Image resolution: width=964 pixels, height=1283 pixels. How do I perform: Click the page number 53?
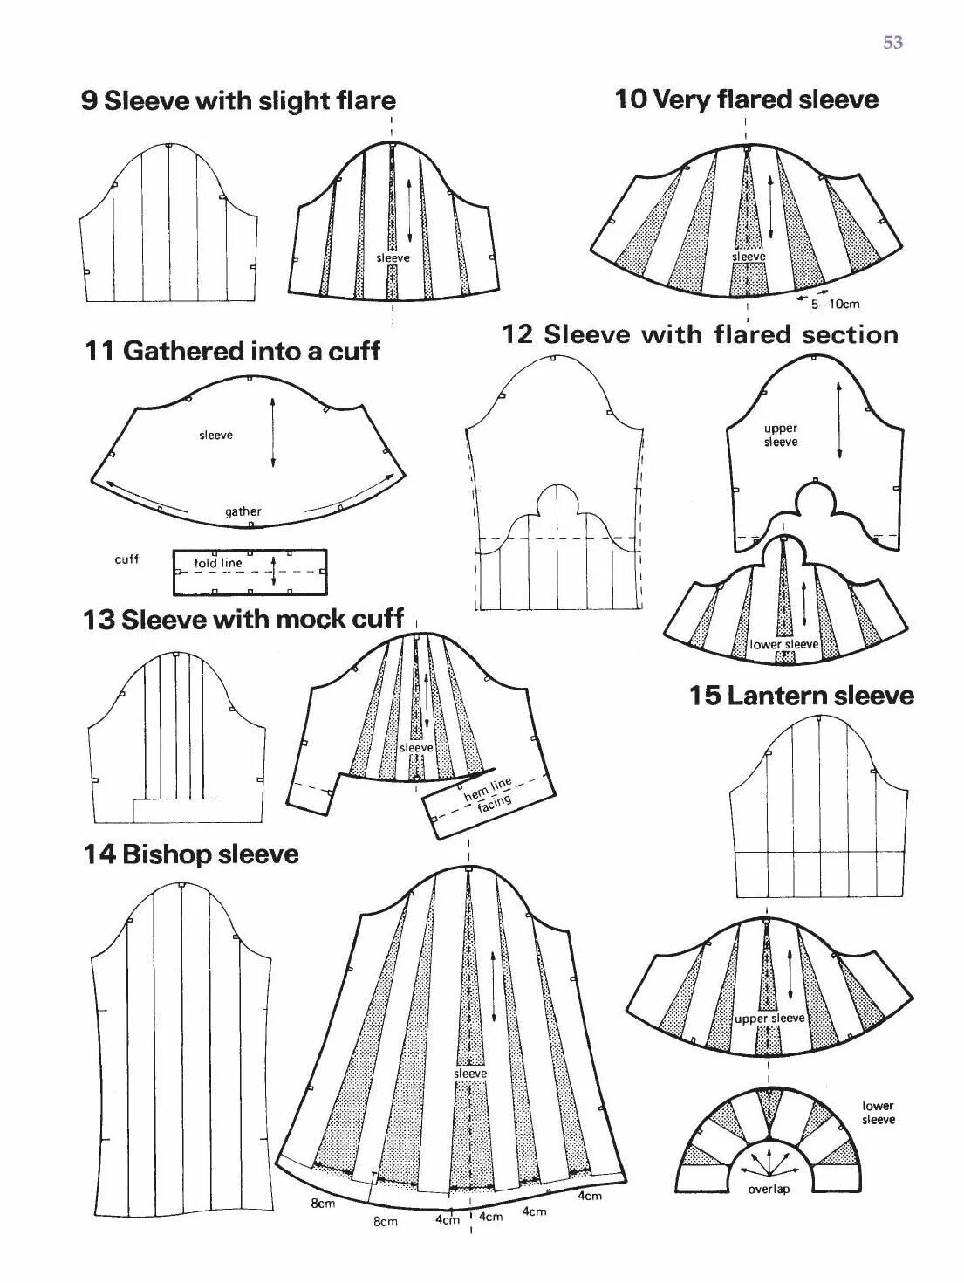(x=892, y=42)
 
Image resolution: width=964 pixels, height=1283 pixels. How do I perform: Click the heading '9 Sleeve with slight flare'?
(x=238, y=100)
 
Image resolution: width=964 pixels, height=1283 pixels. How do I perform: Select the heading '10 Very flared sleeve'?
(x=746, y=99)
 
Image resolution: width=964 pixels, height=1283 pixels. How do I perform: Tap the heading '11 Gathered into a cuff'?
(x=232, y=351)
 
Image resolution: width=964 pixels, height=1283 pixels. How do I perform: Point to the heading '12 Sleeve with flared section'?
(x=700, y=334)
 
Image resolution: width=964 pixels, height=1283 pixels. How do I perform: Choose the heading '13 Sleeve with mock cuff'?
(x=243, y=620)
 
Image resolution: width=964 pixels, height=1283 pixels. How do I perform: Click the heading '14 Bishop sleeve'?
(x=191, y=854)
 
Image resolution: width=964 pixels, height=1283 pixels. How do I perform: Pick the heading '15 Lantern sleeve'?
(x=801, y=696)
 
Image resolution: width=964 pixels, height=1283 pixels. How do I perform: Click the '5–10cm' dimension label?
(x=835, y=304)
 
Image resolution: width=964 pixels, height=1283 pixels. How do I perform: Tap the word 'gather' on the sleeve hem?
(x=243, y=511)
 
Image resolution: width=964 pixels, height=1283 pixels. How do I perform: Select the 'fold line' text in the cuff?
(x=218, y=563)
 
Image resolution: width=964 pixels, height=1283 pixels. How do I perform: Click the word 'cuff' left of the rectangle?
(x=126, y=559)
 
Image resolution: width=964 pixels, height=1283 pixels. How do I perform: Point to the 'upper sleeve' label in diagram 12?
(x=781, y=435)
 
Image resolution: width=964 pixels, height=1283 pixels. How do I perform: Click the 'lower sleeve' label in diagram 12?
(x=784, y=644)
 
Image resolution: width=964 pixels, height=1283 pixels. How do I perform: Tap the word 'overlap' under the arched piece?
(x=769, y=1189)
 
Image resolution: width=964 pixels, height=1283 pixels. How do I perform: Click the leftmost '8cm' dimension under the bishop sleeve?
(x=323, y=1204)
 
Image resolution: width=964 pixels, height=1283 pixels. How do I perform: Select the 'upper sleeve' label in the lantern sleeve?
(x=769, y=1019)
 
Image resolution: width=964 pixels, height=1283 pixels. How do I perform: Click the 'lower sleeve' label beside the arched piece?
(x=878, y=1113)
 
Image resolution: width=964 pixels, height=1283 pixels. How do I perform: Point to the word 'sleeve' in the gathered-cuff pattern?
(x=215, y=435)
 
